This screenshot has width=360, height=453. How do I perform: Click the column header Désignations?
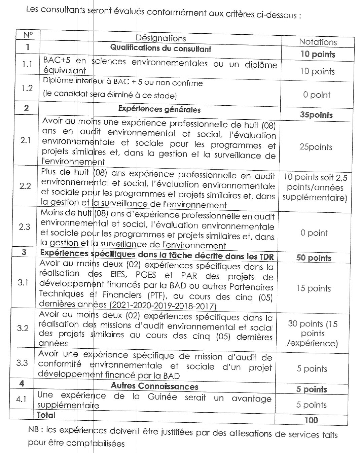[x=161, y=38]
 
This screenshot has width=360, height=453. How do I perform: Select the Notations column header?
[x=318, y=42]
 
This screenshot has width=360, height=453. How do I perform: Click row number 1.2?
[x=27, y=88]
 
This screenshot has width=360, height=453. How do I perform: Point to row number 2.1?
[x=26, y=140]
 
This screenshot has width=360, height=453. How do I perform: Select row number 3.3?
[x=22, y=363]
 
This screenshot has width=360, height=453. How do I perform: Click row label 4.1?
[x=21, y=399]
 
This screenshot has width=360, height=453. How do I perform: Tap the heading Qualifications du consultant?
[x=160, y=48]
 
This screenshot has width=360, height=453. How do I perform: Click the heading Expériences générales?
[x=159, y=109]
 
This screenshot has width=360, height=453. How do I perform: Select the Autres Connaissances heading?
[x=154, y=386]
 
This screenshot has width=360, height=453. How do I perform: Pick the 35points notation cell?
[x=316, y=115]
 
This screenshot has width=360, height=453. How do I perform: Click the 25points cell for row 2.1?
[x=316, y=147]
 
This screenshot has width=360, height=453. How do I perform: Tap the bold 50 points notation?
[x=314, y=258]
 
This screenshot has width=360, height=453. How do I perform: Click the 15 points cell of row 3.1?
[x=313, y=288]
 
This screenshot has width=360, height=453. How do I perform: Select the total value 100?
[x=311, y=420]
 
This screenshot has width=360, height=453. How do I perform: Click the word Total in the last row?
[x=46, y=415]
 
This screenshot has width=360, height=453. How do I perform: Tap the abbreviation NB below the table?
[x=33, y=429]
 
